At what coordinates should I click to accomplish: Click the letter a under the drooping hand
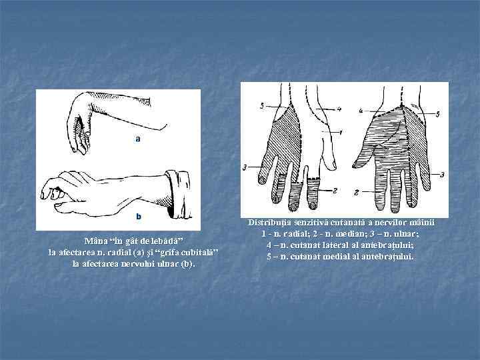coord(138,139)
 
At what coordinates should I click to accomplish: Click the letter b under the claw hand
coord(139,216)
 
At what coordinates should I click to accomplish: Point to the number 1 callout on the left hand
coord(341,133)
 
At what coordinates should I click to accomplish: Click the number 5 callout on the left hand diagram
coord(262,106)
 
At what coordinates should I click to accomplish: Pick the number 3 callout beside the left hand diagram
coord(245,166)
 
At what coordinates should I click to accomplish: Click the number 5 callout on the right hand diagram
coord(437,114)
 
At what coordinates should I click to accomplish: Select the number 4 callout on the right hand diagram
coord(361,109)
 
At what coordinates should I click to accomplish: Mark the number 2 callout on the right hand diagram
coord(357,191)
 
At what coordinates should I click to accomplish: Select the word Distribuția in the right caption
coord(272,222)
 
